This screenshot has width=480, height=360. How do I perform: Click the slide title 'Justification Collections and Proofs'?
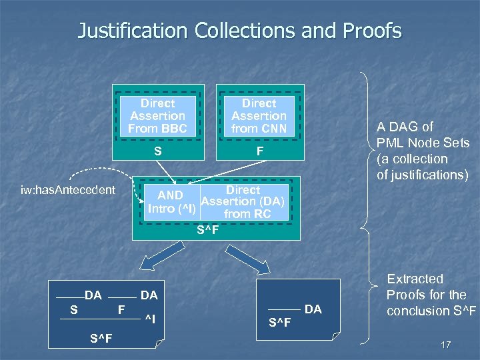240,31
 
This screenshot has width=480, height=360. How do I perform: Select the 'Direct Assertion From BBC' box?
158,115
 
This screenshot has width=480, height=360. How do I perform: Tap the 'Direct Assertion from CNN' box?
259,115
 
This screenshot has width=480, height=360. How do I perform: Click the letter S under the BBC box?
158,151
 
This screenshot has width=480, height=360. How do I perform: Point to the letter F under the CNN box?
259,151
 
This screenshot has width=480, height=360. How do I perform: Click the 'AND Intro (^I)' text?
171,202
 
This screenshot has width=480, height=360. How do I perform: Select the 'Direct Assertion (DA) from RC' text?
243,202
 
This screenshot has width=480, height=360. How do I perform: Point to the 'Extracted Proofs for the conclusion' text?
426,295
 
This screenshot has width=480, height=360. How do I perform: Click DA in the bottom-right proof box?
313,309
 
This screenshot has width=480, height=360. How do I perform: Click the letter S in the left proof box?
74,309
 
